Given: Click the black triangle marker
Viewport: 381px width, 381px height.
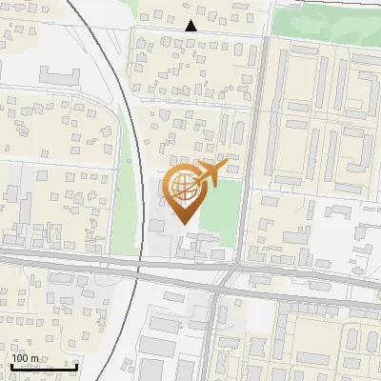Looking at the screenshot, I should [x=190, y=27].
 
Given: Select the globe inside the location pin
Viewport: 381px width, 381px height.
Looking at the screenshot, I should [x=181, y=186].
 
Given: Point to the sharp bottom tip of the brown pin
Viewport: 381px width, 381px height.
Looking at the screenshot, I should [x=182, y=224].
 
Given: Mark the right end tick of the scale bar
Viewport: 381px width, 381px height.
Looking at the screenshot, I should [x=76, y=366].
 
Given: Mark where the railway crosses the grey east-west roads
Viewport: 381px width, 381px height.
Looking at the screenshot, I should [x=139, y=268].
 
